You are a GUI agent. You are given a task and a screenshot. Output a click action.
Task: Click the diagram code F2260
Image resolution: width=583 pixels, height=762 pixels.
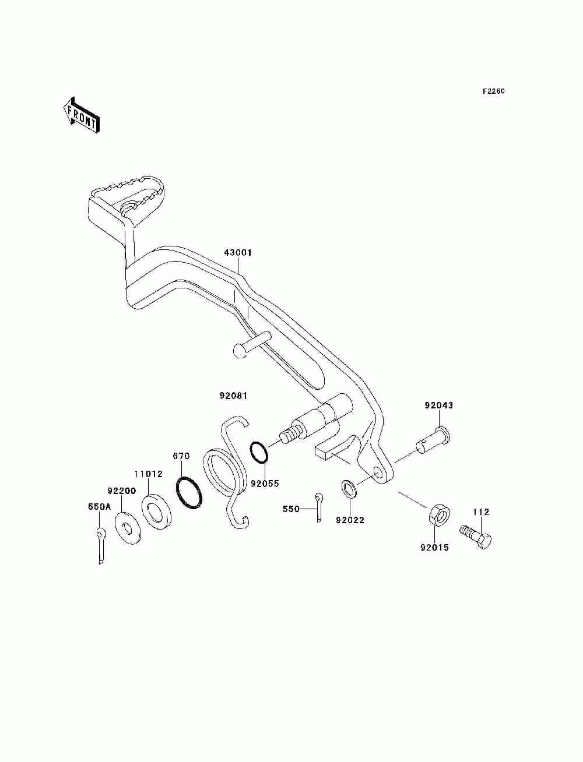pyautogui.click(x=493, y=91)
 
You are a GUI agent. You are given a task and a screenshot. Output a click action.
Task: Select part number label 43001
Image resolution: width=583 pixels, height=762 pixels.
pyautogui.click(x=238, y=253)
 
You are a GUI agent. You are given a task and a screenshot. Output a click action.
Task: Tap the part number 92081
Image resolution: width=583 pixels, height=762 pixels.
pyautogui.click(x=234, y=396)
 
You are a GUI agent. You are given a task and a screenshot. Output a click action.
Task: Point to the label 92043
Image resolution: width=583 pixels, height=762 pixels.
pyautogui.click(x=438, y=405)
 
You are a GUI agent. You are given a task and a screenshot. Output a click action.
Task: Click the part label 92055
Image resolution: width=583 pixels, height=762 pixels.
pyautogui.click(x=265, y=483)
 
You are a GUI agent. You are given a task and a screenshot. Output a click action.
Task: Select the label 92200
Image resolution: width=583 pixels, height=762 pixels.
pyautogui.click(x=121, y=491)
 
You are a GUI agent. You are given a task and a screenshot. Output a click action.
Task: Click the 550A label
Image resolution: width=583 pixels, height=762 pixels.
pyautogui.click(x=100, y=507)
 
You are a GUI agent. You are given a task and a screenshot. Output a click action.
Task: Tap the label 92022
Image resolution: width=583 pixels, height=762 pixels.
pyautogui.click(x=350, y=520)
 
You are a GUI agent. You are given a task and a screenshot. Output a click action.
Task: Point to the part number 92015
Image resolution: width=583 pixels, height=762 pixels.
pyautogui.click(x=435, y=548)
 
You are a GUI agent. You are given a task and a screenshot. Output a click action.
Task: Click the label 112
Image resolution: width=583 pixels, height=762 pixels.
pyautogui.click(x=481, y=512)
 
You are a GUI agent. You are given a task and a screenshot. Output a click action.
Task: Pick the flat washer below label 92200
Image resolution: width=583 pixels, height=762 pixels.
pyautogui.click(x=128, y=527)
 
